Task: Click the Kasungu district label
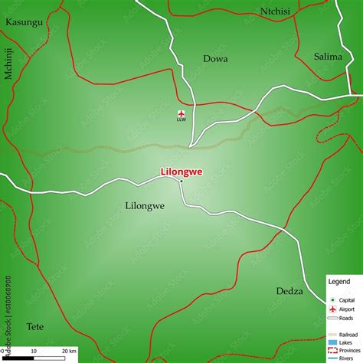[x=23, y=21]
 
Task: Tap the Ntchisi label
[x=276, y=11]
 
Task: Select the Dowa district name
[x=215, y=57]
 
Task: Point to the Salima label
[x=329, y=56]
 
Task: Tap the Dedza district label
[x=289, y=291]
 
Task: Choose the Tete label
[x=35, y=326]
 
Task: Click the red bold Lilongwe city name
[x=181, y=172]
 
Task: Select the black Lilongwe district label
[x=145, y=206]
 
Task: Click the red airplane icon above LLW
[x=181, y=113]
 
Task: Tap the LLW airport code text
[x=181, y=120]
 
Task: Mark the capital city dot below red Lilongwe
[x=181, y=181]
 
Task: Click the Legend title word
[x=338, y=282]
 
